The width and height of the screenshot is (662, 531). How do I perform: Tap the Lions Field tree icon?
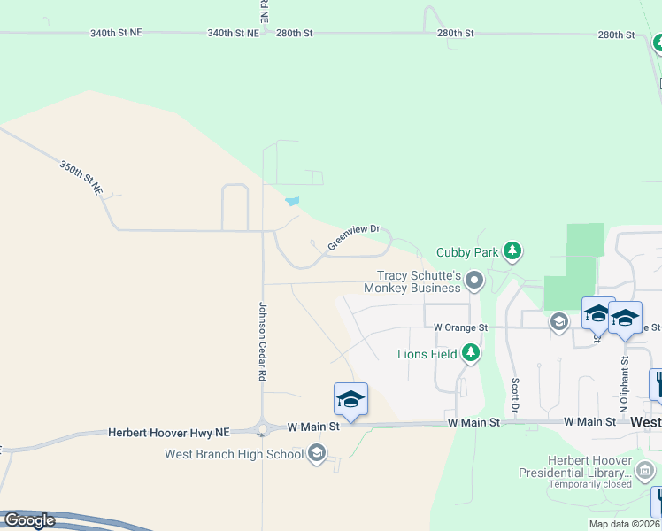click(472, 354)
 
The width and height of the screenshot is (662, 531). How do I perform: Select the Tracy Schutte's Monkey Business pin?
click(474, 281)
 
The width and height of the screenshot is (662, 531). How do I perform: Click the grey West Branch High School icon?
click(316, 455)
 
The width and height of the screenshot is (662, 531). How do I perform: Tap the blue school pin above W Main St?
click(350, 400)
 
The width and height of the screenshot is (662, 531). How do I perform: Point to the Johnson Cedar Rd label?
click(262, 342)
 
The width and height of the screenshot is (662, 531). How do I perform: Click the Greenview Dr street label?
click(353, 236)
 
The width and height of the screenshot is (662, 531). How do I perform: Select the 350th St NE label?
click(81, 177)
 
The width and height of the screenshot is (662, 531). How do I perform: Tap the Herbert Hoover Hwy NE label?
click(169, 432)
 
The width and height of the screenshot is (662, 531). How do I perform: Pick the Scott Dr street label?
click(514, 395)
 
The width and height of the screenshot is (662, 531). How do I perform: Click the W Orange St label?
click(460, 327)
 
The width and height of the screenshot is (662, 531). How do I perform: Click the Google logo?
click(28, 520)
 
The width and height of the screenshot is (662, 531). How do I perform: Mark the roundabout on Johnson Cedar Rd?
click(262, 429)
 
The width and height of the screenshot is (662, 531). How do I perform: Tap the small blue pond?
click(292, 201)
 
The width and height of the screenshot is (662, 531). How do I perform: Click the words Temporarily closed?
click(590, 484)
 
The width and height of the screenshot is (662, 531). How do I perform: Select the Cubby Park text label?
click(467, 252)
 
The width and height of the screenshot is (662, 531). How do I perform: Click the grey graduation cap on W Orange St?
click(558, 321)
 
